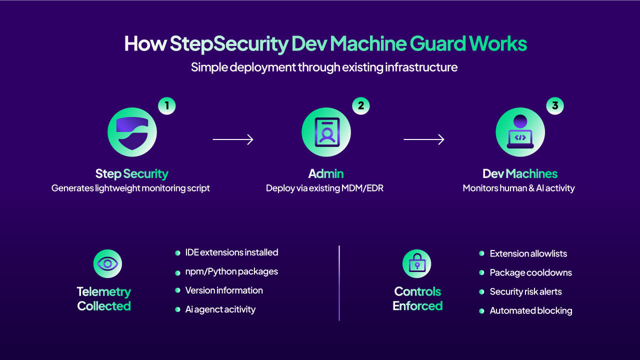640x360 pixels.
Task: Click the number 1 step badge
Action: click(167, 106)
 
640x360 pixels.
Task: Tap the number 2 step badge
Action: click(361, 106)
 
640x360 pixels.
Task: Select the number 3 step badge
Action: click(555, 106)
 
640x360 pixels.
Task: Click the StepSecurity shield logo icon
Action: click(132, 132)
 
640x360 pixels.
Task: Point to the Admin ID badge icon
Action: click(326, 132)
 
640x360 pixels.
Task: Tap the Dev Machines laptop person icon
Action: click(520, 132)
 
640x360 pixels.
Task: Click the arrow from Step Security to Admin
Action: click(233, 139)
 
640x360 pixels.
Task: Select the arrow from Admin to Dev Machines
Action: click(424, 139)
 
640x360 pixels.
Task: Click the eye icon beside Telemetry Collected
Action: click(107, 263)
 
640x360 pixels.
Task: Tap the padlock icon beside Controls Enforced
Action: click(416, 263)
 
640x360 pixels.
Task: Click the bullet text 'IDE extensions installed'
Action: click(231, 252)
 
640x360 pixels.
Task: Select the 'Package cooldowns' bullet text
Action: click(530, 272)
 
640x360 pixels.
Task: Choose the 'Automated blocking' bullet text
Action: click(530, 310)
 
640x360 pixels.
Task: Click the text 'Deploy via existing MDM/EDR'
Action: click(324, 188)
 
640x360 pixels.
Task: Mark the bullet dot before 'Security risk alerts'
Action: click(481, 291)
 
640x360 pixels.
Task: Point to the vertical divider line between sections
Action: click(339, 282)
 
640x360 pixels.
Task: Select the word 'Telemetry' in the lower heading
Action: click(104, 291)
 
